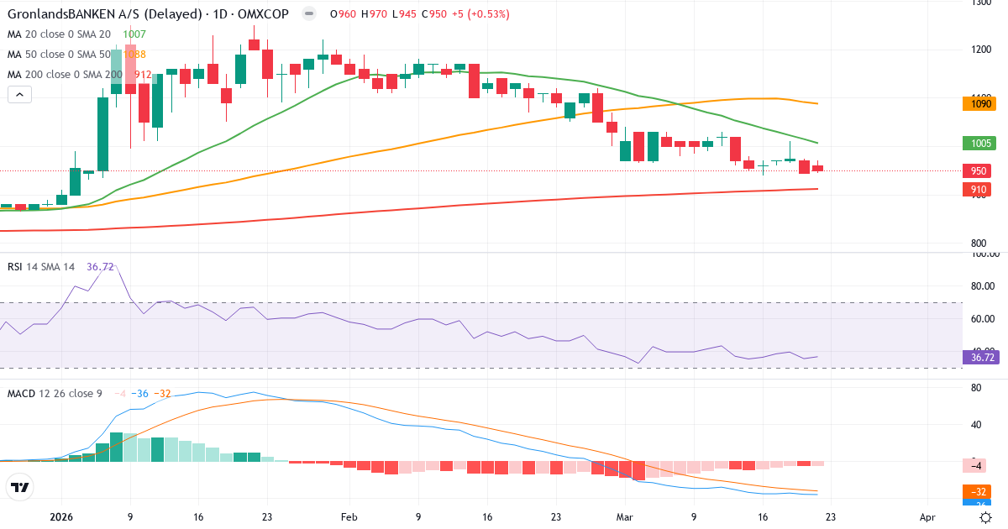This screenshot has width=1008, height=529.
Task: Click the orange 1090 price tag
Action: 978,104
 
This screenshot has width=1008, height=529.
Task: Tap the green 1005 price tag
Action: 978,144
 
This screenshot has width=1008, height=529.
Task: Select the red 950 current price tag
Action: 978,170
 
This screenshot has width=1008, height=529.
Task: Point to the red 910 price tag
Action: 978,190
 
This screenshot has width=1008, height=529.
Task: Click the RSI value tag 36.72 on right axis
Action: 978,358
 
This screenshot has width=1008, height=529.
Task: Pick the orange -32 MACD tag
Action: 978,491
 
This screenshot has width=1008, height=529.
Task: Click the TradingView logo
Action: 20,487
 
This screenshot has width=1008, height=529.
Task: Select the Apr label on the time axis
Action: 927,518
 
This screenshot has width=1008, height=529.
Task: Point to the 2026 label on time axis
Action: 62,518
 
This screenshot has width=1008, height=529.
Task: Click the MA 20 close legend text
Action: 59,34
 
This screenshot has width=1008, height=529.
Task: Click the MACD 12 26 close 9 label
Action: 55,393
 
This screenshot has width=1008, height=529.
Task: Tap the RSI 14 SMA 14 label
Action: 41,267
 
